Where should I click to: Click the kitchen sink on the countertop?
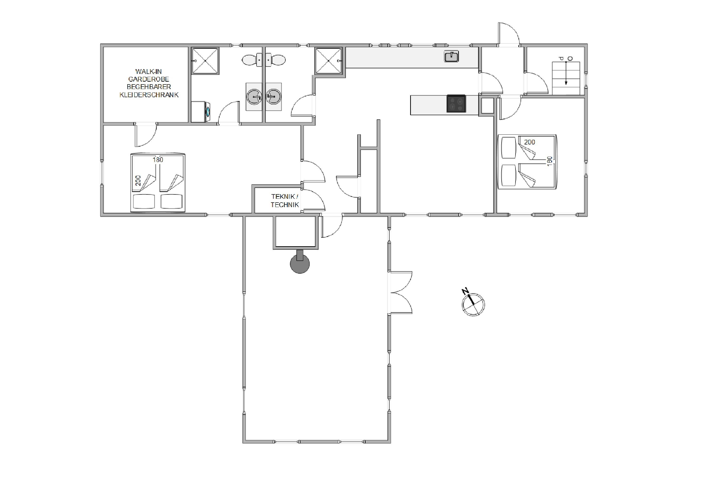(x=451, y=56)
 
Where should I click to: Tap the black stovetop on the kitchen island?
(x=456, y=103)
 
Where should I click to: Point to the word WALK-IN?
(x=149, y=72)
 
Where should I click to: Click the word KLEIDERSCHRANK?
(x=149, y=95)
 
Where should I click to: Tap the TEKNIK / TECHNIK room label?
(x=285, y=200)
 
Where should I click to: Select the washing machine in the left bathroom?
(x=200, y=112)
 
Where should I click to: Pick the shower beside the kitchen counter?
(x=329, y=61)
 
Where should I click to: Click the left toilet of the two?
(x=252, y=60)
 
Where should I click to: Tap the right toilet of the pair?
(x=276, y=60)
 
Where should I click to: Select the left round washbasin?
(x=254, y=97)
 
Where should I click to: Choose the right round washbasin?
(x=273, y=97)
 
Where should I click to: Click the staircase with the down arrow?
(x=566, y=78)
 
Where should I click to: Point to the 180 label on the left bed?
(x=158, y=160)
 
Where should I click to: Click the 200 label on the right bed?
(x=530, y=142)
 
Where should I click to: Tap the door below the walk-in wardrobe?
(x=146, y=135)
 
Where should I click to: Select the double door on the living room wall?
(x=400, y=292)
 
